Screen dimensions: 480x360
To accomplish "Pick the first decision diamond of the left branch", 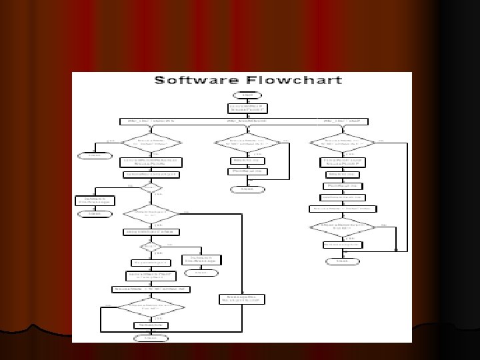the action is pos(151,143).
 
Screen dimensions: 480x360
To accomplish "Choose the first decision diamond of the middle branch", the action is pos(247,143).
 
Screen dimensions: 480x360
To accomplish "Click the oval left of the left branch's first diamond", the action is pos(91,155).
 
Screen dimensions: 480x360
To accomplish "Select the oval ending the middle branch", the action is pos(247,189).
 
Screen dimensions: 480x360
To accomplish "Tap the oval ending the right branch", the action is pos(342,261).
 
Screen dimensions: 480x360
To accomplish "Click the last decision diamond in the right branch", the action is pos(342,227).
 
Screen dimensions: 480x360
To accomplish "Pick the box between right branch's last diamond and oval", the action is pos(342,245).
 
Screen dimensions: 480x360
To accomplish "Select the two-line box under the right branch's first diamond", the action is pos(342,162).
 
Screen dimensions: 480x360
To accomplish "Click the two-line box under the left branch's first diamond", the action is pos(151,162).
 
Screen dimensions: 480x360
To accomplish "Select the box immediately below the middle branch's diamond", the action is pos(247,161).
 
